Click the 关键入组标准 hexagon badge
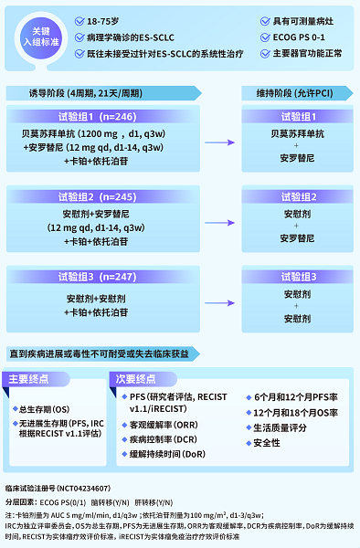pos(43,36)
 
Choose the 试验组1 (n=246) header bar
pos(108,116)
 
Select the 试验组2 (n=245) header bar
pos(108,196)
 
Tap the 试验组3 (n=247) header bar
pos(108,276)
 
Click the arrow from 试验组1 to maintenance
pos(217,142)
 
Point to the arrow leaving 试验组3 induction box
pos(217,302)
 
